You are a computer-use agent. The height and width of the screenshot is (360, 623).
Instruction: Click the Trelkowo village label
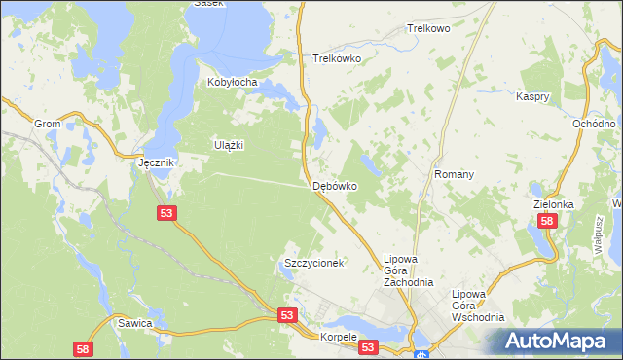(x=428, y=29)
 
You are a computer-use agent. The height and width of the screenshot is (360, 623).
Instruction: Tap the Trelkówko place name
(x=338, y=58)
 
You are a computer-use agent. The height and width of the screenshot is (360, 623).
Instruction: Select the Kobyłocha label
(x=232, y=83)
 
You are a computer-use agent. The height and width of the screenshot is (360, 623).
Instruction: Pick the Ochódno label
(x=594, y=125)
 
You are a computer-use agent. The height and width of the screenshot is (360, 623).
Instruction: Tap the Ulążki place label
(x=228, y=145)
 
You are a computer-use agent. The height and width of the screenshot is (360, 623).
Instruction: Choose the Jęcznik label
(x=155, y=163)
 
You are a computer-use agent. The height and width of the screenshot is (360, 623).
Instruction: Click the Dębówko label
(x=334, y=185)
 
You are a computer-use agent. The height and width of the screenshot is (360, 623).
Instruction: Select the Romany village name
(x=455, y=174)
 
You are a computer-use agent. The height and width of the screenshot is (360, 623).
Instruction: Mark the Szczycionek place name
(x=313, y=264)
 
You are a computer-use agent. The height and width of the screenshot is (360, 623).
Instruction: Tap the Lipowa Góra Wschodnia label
(x=478, y=306)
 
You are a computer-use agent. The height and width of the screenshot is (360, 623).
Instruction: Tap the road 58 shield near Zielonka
(x=548, y=222)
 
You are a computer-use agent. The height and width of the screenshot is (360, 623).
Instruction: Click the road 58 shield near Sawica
(x=83, y=348)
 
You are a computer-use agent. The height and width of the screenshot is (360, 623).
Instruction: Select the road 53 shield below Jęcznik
(x=165, y=212)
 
